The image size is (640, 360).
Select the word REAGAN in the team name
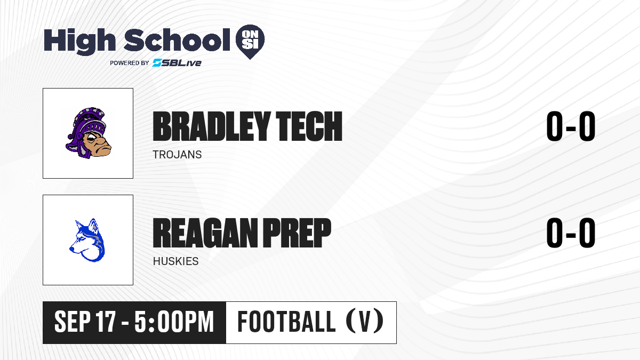(x=205, y=233)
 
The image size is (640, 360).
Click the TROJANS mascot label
(x=177, y=155)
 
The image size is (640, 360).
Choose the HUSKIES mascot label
(x=175, y=261)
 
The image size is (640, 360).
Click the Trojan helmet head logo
(x=88, y=133)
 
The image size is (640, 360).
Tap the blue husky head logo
(x=87, y=240)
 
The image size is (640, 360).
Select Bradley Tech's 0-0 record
(x=571, y=126)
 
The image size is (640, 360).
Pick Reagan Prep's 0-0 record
(x=571, y=233)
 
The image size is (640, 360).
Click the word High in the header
(x=80, y=42)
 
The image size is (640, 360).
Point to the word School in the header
(x=177, y=40)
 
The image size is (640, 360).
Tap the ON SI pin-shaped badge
(x=250, y=42)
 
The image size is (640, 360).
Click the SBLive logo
(x=177, y=63)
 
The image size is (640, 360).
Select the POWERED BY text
(x=130, y=63)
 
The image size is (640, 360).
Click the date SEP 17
(x=85, y=322)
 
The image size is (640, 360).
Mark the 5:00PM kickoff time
(x=174, y=322)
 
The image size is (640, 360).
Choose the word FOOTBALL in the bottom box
(x=286, y=322)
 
